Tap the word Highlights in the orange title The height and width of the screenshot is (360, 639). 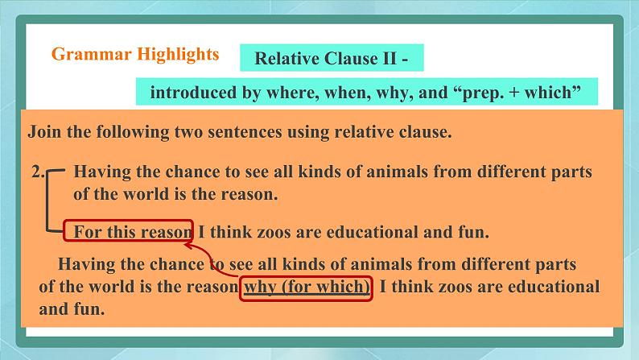(178, 54)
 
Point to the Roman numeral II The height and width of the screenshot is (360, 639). (390, 58)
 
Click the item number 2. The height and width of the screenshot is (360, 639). (39, 172)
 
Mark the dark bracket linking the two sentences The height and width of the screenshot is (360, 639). (47, 201)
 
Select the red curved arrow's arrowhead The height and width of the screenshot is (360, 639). (188, 246)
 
